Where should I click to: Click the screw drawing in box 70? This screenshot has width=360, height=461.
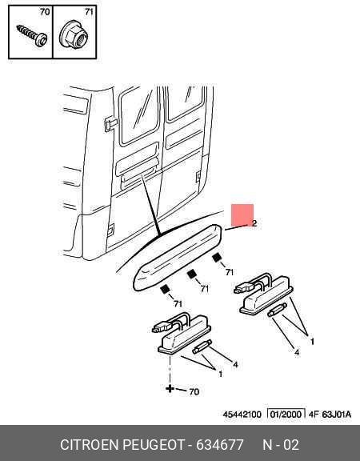pyautogui.click(x=32, y=36)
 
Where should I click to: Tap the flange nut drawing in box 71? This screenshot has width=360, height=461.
pyautogui.click(x=74, y=36)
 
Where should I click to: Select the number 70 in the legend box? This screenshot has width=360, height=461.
pyautogui.click(x=45, y=12)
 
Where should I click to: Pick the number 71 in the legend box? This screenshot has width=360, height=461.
pyautogui.click(x=89, y=12)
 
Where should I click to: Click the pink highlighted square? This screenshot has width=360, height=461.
pyautogui.click(x=242, y=215)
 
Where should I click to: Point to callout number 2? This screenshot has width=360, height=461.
pyautogui.click(x=254, y=223)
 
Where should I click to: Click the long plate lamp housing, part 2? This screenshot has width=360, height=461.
pyautogui.click(x=178, y=257)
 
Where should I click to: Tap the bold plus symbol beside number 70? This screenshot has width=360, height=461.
pyautogui.click(x=170, y=389)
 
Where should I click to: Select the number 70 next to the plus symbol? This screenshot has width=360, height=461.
pyautogui.click(x=194, y=391)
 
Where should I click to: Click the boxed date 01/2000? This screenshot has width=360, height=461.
pyautogui.click(x=286, y=415)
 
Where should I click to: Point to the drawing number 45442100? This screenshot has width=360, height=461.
pyautogui.click(x=242, y=415)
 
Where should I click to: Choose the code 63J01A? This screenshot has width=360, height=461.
pyautogui.click(x=337, y=415)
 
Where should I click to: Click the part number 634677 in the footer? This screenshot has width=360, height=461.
pyautogui.click(x=220, y=445)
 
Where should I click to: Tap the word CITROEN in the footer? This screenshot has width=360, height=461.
pyautogui.click(x=90, y=445)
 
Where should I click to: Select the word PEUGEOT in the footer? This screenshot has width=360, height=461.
pyautogui.click(x=154, y=445)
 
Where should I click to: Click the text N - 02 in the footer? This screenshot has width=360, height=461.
pyautogui.click(x=281, y=445)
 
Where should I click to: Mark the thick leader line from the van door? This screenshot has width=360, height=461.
pyautogui.click(x=151, y=205)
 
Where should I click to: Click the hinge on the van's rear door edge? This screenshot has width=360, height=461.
pyautogui.click(x=110, y=124)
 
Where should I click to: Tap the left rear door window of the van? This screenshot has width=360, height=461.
pyautogui.click(x=139, y=116)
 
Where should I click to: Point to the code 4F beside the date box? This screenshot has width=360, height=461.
pyautogui.click(x=314, y=415)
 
